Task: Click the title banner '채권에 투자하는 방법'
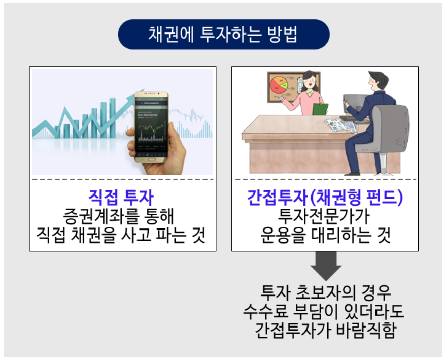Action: pos(223,34)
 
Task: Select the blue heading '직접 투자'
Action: pos(122,197)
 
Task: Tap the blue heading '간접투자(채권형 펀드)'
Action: pos(325,197)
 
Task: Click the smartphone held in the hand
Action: pos(152,127)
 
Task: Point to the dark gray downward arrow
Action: pos(325,265)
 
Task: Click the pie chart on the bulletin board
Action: pos(278,85)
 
